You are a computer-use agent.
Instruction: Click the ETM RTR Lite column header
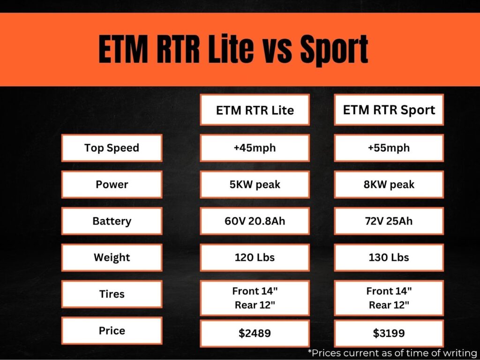(x=255, y=110)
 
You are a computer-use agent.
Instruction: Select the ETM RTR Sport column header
(x=389, y=110)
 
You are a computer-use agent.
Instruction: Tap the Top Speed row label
(x=112, y=148)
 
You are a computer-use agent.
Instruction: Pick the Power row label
(x=112, y=184)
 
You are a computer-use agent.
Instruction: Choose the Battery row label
(x=112, y=221)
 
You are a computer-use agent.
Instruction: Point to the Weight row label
(x=112, y=257)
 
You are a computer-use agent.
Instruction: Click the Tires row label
(x=112, y=294)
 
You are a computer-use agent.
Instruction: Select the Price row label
(x=112, y=330)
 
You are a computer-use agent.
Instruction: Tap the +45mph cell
(x=255, y=148)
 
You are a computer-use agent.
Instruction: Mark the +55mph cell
(x=389, y=148)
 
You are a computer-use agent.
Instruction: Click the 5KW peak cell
(x=255, y=184)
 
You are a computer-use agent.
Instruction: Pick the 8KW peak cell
(x=389, y=184)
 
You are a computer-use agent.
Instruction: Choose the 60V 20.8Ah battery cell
(x=255, y=221)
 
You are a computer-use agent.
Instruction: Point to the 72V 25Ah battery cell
(x=389, y=221)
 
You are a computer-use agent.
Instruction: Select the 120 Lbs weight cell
(x=255, y=257)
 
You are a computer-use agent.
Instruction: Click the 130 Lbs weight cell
(x=389, y=257)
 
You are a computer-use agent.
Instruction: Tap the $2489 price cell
(x=255, y=333)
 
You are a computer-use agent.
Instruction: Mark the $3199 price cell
(x=389, y=333)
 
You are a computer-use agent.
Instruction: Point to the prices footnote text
(x=392, y=352)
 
